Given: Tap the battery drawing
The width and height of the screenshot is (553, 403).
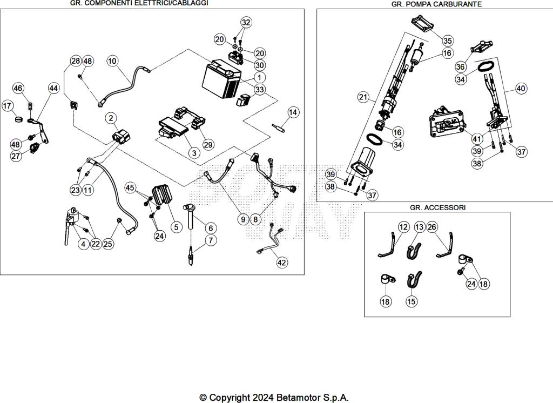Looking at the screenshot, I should pyautogui.click(x=220, y=79).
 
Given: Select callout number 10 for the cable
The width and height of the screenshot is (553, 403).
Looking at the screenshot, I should pyautogui.click(x=112, y=61).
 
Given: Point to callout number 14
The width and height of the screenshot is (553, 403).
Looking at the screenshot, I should pyautogui.click(x=293, y=112).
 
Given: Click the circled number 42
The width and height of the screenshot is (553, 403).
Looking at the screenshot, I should pyautogui.click(x=281, y=263).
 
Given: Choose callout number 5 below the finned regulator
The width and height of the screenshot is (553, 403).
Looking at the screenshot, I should pyautogui.click(x=176, y=227).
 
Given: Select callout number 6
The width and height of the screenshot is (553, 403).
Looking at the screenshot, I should pyautogui.click(x=209, y=228).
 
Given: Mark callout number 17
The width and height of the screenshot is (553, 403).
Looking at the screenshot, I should pyautogui.click(x=8, y=106).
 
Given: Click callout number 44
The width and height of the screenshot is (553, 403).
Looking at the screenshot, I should pyautogui.click(x=53, y=88).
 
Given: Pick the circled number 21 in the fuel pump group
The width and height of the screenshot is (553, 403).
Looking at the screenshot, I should pyautogui.click(x=362, y=97).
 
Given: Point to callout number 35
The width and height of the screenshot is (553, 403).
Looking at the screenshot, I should pyautogui.click(x=448, y=41).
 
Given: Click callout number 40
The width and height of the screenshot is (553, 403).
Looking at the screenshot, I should pyautogui.click(x=521, y=88).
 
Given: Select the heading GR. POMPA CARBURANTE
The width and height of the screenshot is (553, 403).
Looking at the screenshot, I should pyautogui.click(x=436, y=4).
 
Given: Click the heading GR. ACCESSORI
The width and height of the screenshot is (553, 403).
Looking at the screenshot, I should pyautogui.click(x=437, y=207).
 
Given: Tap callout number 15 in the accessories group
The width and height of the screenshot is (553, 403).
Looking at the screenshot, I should pyautogui.click(x=412, y=301).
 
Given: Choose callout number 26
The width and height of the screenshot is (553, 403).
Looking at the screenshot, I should pyautogui.click(x=432, y=227).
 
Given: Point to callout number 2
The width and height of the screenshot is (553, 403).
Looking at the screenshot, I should pyautogui.click(x=110, y=118).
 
